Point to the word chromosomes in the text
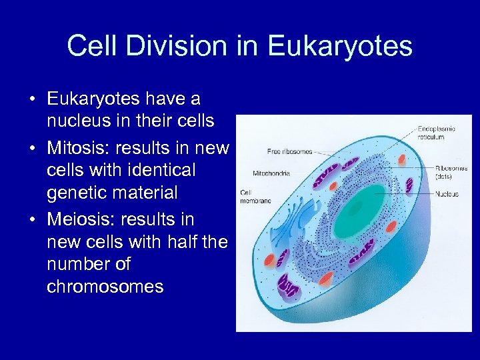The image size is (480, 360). (105, 287)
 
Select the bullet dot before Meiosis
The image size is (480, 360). (32, 219)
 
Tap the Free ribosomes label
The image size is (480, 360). (289, 151)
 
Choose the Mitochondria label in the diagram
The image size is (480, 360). (271, 173)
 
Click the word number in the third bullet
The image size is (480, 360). (79, 264)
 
